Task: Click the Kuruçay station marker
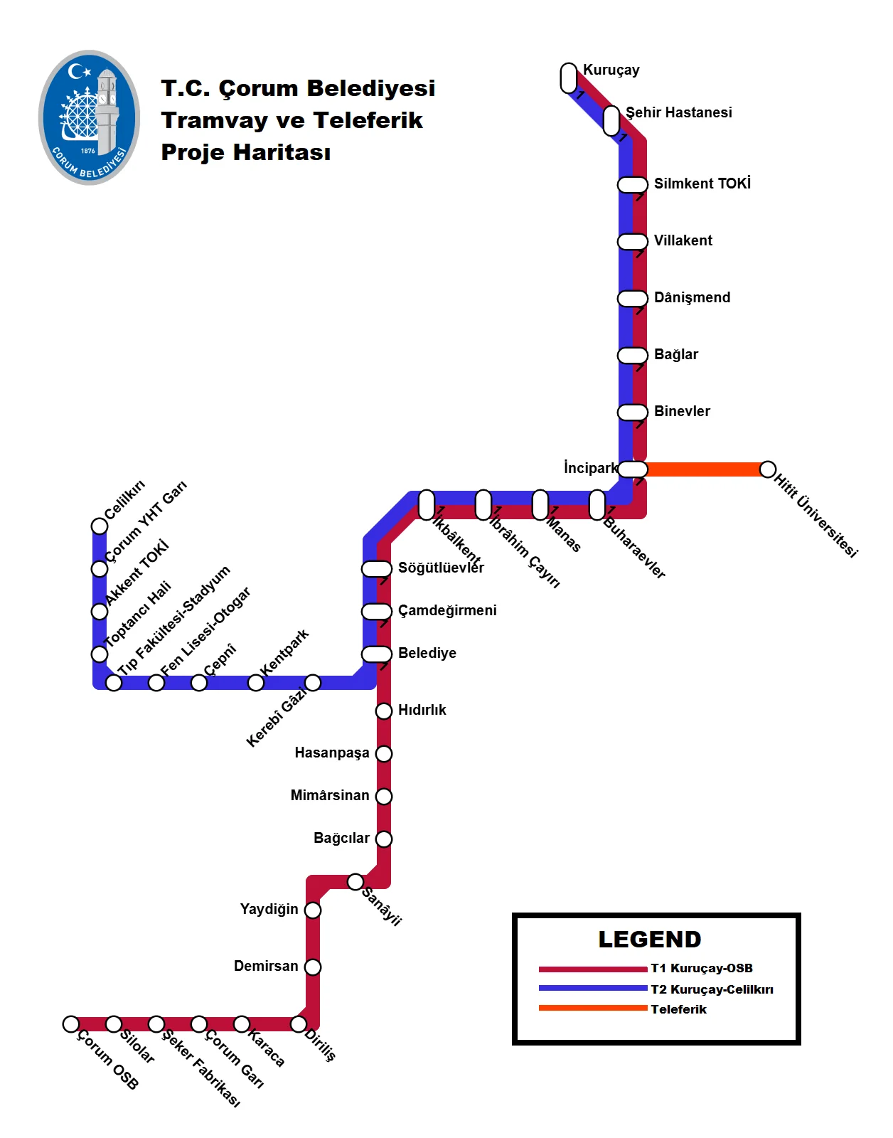[x=569, y=78]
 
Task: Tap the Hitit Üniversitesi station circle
[x=767, y=469]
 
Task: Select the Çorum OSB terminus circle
[x=71, y=1024]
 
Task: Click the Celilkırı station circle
[x=100, y=526]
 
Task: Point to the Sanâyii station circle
[x=355, y=882]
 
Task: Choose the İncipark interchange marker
[x=633, y=469]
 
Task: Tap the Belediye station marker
[x=377, y=654]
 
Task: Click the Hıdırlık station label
[x=422, y=710]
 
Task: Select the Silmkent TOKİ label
[x=702, y=184]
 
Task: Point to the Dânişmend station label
[x=692, y=297]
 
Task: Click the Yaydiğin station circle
[x=313, y=910]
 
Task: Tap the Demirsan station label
[x=266, y=966]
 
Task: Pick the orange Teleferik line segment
[x=704, y=469]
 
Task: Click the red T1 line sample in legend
[x=592, y=969]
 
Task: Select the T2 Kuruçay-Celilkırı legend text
[x=712, y=989]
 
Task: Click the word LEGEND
[x=649, y=940]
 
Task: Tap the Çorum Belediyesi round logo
[x=89, y=117]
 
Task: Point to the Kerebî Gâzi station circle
[x=313, y=683]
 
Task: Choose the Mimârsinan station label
[x=330, y=795]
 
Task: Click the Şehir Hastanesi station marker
[x=611, y=120]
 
